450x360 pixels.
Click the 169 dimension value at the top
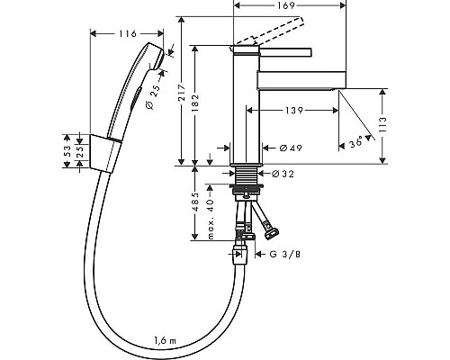[x=286, y=5]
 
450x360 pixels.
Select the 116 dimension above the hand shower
[x=128, y=33]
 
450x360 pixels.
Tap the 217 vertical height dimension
[x=182, y=93]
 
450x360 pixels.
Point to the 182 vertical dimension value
[x=195, y=103]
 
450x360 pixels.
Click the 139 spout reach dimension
[x=294, y=111]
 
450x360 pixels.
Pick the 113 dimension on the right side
[x=382, y=125]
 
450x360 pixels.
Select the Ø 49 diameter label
[x=291, y=148]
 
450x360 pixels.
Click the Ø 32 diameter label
[x=283, y=174]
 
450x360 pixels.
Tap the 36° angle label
[x=356, y=142]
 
